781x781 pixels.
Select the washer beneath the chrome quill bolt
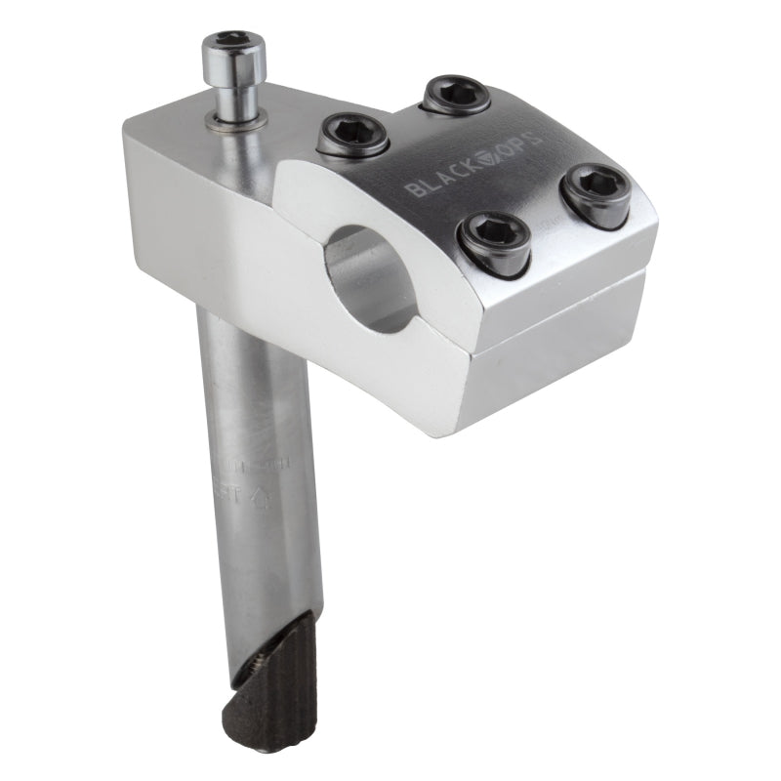238,119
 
